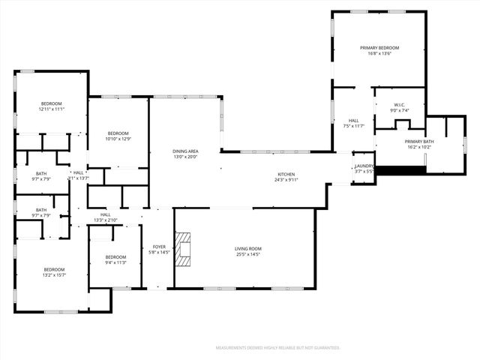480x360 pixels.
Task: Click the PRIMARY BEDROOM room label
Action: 378,47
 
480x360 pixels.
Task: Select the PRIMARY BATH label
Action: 419,141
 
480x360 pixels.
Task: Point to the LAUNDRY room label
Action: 364,166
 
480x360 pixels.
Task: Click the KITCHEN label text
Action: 287,174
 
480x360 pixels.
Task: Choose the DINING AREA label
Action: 185,151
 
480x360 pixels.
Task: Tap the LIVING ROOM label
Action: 247,248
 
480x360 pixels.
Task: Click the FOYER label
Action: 159,247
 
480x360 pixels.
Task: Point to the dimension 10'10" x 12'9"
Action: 118,139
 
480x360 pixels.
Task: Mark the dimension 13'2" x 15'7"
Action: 53,275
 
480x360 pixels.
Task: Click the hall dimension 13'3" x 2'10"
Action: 106,220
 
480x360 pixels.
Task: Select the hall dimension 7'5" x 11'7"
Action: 353,126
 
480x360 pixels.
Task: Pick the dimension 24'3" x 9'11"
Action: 287,180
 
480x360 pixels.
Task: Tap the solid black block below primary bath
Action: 400,170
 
